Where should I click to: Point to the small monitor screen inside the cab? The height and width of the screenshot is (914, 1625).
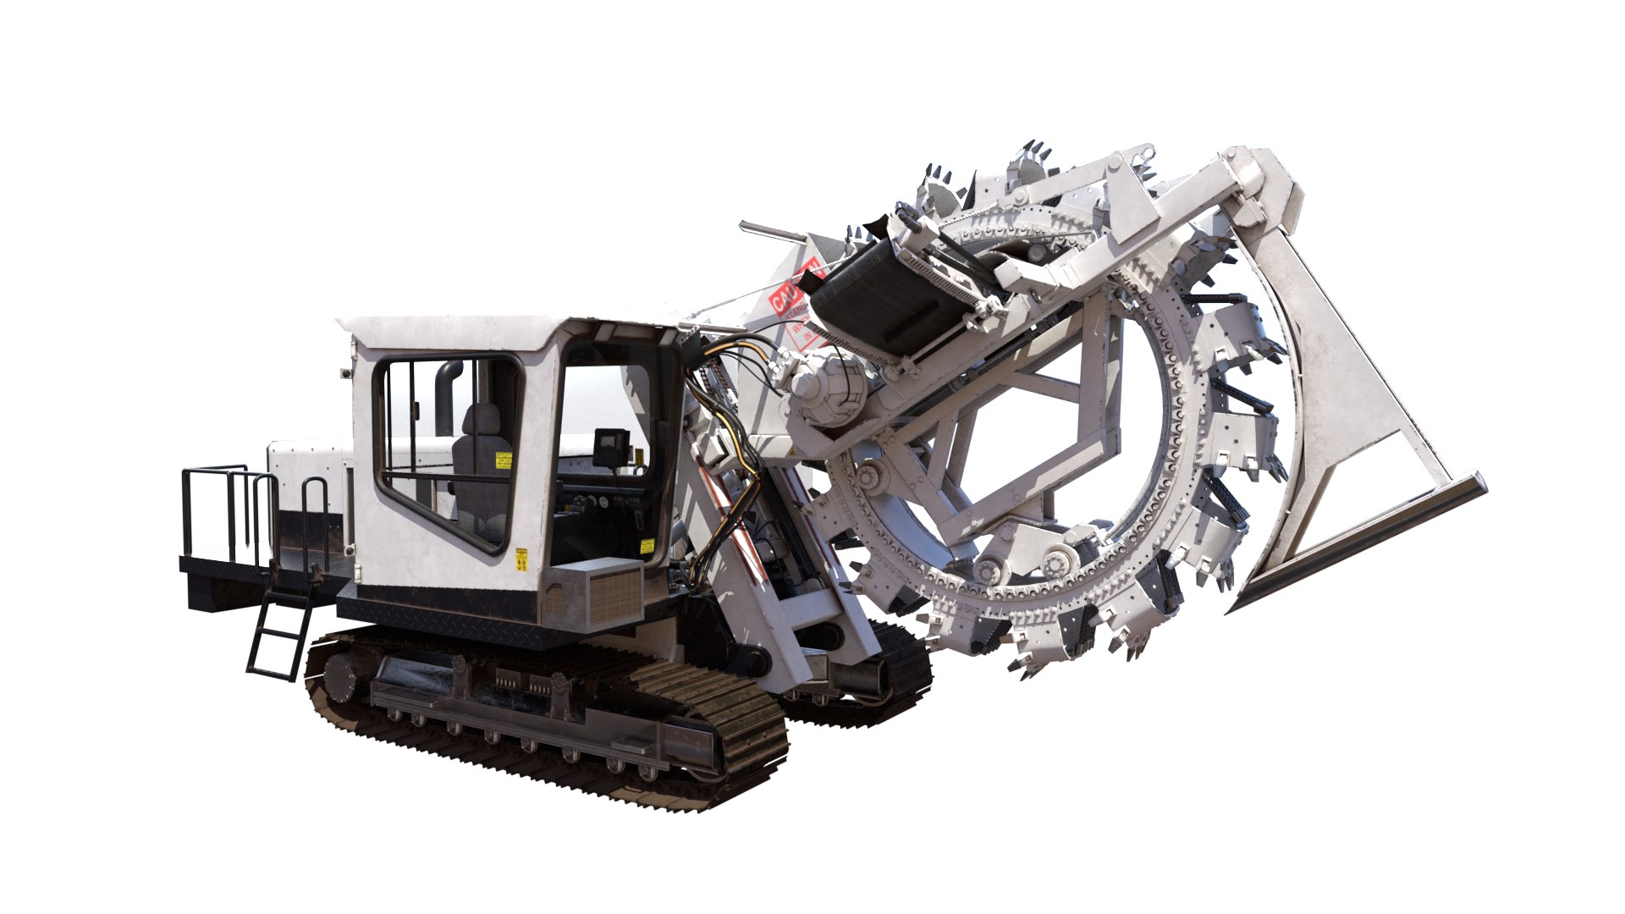point(611,443)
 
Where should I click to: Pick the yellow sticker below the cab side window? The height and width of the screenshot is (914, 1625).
point(521,559)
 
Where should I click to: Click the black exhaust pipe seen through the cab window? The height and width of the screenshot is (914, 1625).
point(446,398)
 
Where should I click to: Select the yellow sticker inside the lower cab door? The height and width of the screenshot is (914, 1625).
point(647,546)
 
